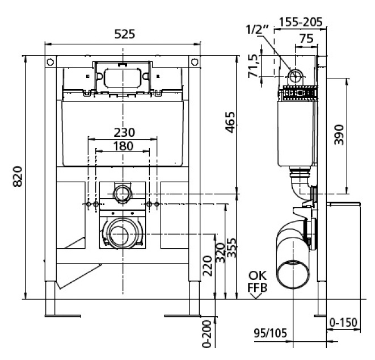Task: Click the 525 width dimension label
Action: click(x=125, y=34)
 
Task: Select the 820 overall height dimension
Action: click(x=18, y=177)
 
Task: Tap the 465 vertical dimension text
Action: click(x=230, y=122)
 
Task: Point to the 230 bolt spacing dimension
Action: click(x=124, y=132)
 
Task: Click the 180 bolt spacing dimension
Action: click(x=123, y=146)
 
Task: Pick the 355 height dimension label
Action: click(x=231, y=248)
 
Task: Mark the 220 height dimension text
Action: click(x=208, y=266)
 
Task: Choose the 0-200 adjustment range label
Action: click(x=207, y=334)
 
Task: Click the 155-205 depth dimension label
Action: click(x=301, y=22)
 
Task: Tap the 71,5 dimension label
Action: click(x=253, y=66)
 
